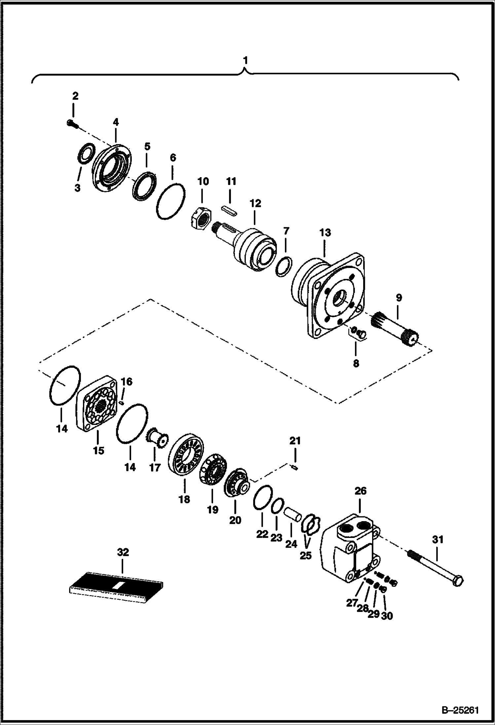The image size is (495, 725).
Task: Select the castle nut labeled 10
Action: pos(200,220)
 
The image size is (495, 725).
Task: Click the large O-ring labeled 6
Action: pos(170,201)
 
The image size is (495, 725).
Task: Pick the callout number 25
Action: pos(306,555)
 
